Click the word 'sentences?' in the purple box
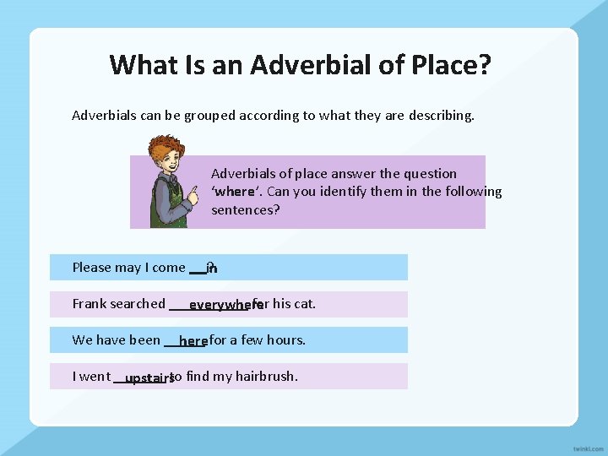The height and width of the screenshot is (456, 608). point(245,209)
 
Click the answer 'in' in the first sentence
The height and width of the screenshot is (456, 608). point(212,269)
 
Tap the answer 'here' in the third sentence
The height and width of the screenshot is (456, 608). point(193,341)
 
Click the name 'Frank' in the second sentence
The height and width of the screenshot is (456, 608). point(89,304)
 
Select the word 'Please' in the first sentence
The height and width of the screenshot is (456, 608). point(92,268)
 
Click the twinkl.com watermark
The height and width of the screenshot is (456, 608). point(587,447)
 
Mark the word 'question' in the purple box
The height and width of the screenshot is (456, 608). point(430,174)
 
